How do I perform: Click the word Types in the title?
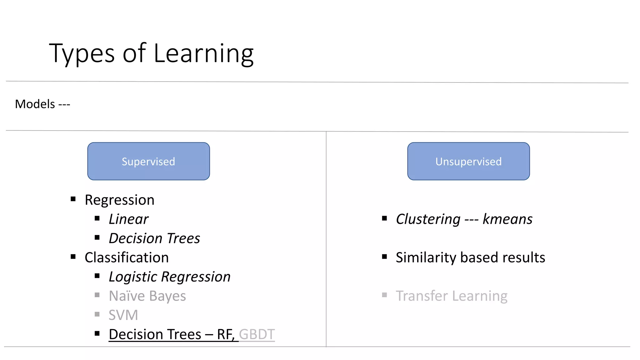click(82, 54)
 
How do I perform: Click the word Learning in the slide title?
click(203, 54)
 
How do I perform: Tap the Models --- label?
click(42, 104)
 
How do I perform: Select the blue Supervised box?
click(148, 161)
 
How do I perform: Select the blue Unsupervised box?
click(468, 161)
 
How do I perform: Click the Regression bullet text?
click(119, 200)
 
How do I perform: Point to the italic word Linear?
click(128, 219)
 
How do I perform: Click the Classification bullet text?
click(127, 257)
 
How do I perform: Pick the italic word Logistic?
click(132, 277)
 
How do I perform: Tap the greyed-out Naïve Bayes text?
click(147, 296)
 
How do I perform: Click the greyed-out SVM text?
click(123, 315)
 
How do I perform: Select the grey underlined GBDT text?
click(257, 334)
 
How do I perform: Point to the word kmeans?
click(507, 219)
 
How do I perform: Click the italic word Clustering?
click(428, 219)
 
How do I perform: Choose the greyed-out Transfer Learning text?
click(452, 296)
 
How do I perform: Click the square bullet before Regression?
click(73, 199)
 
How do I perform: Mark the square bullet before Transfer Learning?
click(384, 295)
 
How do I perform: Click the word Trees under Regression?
click(183, 238)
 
